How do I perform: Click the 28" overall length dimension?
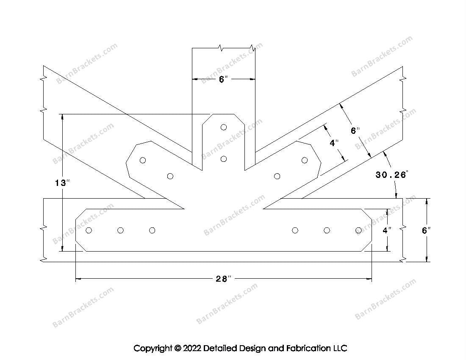coord(223,279)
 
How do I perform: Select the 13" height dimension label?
coord(62,183)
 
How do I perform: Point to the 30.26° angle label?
coord(392,174)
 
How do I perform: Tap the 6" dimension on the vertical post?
coord(223,79)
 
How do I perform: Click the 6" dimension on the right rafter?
coord(355,130)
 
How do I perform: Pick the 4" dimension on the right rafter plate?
coord(334,143)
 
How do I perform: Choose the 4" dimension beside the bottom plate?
coord(387,230)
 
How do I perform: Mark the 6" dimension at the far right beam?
coord(426,230)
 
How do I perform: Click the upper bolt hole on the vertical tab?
coord(224,127)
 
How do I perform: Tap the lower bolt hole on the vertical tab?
coord(224,159)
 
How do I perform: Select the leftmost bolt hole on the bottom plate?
coord(89,230)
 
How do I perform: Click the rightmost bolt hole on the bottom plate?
coord(358,230)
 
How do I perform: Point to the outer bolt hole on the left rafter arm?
coord(143,161)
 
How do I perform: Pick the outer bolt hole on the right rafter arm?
coord(304,161)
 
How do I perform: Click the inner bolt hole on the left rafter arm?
coord(170,176)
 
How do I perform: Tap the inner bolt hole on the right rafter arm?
coord(277,176)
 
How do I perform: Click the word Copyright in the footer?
coord(153,348)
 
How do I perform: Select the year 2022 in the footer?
coord(192,348)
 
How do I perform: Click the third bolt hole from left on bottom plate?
coord(152,230)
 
